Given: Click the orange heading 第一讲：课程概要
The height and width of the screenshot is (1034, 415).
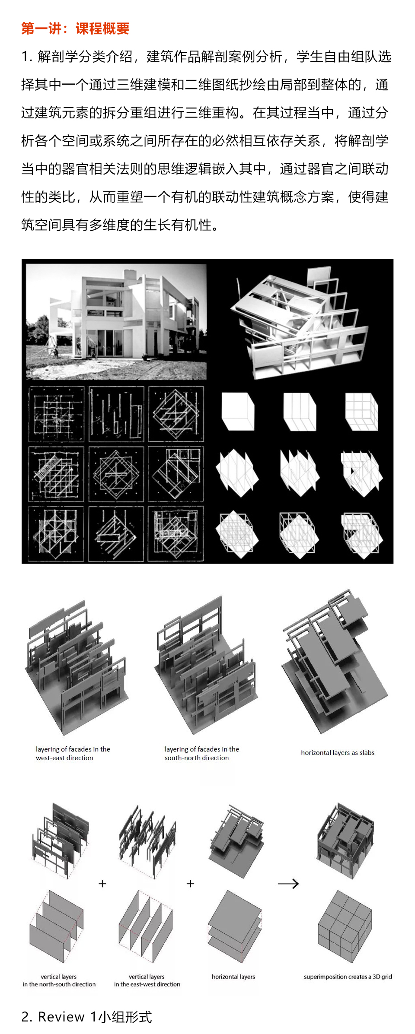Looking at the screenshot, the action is click(76, 29).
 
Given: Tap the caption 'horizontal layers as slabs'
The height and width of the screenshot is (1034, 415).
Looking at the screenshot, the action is click(338, 752).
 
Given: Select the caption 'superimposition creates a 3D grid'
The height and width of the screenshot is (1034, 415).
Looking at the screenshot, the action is click(348, 977).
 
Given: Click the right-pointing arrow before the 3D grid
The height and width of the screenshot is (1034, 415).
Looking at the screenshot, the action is click(288, 884).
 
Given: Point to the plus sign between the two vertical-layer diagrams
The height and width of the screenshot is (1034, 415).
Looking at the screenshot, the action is click(102, 884).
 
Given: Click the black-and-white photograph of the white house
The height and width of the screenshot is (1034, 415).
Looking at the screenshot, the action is click(116, 322).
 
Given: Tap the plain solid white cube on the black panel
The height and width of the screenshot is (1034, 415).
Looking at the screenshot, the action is click(238, 411).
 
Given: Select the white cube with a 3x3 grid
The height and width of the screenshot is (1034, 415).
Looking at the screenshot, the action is click(362, 411).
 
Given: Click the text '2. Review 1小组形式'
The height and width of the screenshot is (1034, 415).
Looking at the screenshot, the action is click(87, 1017).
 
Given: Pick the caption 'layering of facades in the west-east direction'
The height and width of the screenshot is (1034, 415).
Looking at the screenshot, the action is click(73, 753).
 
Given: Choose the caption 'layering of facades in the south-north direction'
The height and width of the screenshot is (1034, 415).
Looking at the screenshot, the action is click(202, 753).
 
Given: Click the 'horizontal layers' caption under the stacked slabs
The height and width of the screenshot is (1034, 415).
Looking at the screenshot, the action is click(233, 977).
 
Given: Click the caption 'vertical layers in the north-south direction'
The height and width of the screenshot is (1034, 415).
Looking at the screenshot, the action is click(59, 980).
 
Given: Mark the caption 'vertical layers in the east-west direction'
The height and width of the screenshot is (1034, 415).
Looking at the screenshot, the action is click(147, 980).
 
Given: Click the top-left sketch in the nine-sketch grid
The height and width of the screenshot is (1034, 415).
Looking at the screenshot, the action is click(56, 414).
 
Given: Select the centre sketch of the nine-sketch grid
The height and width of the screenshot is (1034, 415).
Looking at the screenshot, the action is click(116, 474).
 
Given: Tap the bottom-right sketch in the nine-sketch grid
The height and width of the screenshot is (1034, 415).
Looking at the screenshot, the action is click(176, 534).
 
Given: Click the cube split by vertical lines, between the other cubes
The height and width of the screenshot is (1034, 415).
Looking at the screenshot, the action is click(300, 411).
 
